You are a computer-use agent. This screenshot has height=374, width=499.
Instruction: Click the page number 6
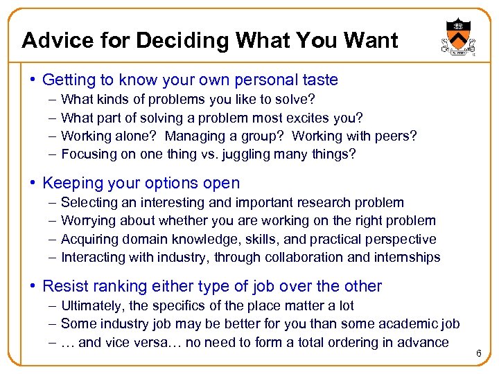point(478,355)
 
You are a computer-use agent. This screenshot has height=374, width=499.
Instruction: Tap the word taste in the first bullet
point(319,80)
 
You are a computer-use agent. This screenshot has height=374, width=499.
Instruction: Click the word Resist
point(64,286)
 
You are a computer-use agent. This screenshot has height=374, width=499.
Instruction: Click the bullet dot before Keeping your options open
point(33,184)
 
